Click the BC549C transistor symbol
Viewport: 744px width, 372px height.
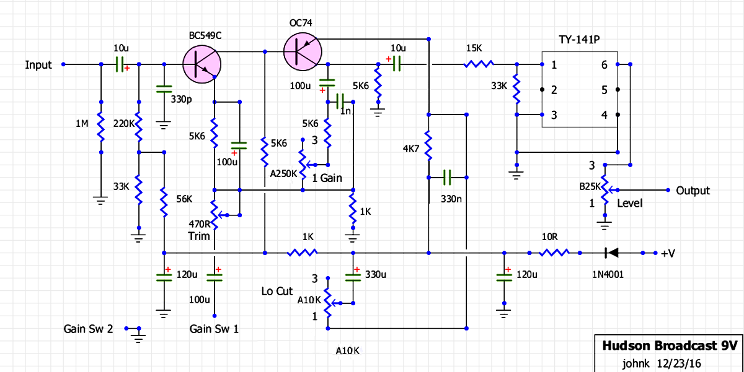202,64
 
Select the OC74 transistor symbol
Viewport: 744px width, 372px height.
303,51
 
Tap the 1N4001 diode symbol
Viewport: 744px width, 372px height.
613,253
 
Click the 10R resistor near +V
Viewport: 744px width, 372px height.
554,253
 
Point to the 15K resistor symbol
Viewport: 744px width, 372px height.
479,64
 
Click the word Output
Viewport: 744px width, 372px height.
693,191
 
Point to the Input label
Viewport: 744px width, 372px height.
38,65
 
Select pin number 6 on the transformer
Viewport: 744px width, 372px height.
604,65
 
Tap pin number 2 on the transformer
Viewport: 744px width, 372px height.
554,90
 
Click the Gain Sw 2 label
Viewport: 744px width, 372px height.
88,329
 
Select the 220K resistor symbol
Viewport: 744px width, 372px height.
139,128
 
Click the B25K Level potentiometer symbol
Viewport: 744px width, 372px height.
605,191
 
